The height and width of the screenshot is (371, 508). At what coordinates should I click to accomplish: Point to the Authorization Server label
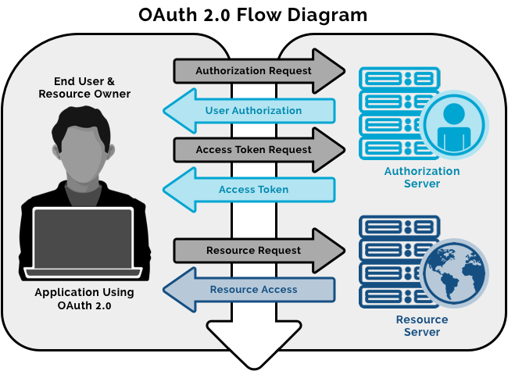[x=422, y=177]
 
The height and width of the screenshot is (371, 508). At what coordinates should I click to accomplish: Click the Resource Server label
[x=422, y=326]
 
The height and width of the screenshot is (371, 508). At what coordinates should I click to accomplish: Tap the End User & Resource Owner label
[x=84, y=87]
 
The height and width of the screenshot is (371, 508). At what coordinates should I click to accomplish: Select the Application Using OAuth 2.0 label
[x=84, y=299]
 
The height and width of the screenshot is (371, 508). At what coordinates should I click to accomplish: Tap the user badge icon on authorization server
[x=453, y=125]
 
